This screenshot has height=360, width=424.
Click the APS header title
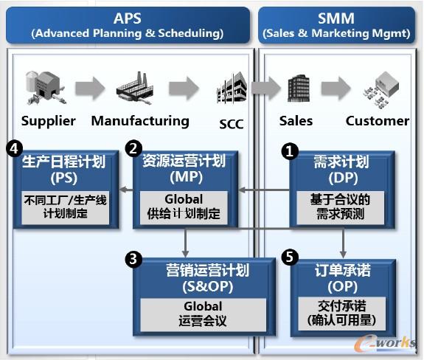coord(127,18)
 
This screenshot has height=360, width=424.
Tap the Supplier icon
coord(43,89)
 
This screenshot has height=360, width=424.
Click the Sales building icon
coord(296,89)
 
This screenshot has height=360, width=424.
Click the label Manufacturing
coord(140,120)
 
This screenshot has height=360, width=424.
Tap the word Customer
coord(378,120)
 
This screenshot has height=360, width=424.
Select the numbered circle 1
coord(291,151)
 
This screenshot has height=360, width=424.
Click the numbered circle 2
coord(133,148)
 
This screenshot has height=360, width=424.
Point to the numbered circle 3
coord(133,259)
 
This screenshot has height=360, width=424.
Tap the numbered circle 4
coord(13,148)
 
